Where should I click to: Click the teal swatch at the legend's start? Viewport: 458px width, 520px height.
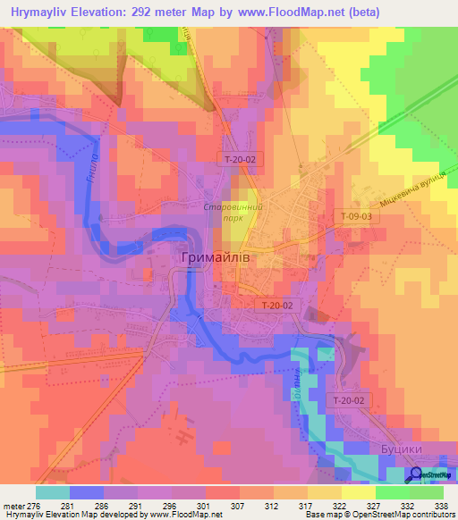point(52,492)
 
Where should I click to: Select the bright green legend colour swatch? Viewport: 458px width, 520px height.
point(392,492)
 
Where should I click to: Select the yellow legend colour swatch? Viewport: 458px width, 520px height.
point(358,492)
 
